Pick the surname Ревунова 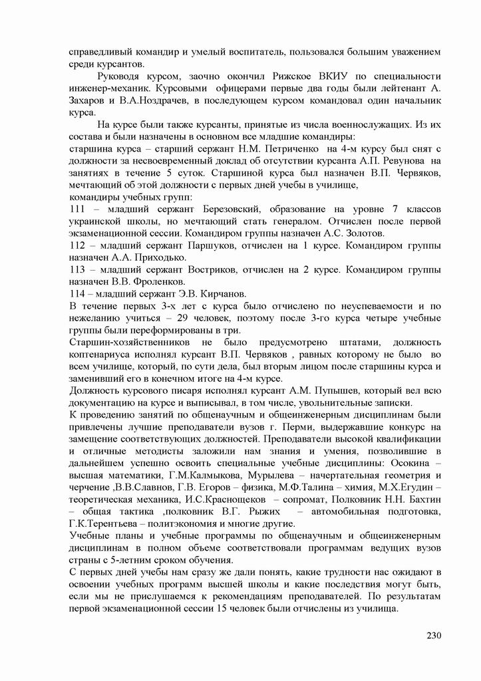(397, 162)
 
